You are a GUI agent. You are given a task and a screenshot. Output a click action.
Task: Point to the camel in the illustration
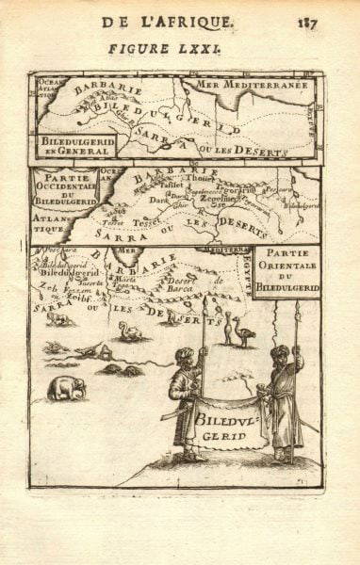(x=128, y=331)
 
